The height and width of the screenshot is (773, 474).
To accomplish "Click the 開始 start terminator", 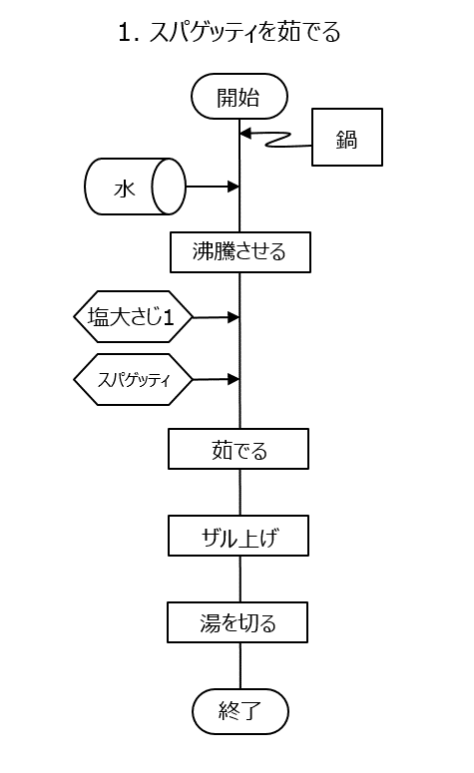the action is click(x=239, y=97).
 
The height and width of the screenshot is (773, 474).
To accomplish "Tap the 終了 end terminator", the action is click(x=240, y=711).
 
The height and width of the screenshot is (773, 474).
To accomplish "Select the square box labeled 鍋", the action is click(x=347, y=137).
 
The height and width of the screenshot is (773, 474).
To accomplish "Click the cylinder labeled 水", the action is click(x=135, y=187).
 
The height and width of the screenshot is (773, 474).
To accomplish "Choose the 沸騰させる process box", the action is click(x=240, y=252).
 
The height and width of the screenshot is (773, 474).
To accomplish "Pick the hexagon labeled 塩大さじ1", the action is click(x=133, y=316).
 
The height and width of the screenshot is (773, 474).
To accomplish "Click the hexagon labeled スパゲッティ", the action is click(x=133, y=380).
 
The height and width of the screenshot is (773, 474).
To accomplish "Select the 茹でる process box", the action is click(x=238, y=449).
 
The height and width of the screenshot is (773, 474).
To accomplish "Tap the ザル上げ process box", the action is click(x=238, y=536).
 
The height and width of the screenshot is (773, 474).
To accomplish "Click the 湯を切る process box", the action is click(x=237, y=622).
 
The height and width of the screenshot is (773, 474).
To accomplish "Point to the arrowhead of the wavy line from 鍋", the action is click(x=245, y=133).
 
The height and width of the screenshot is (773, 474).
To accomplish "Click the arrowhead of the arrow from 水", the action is click(x=234, y=187).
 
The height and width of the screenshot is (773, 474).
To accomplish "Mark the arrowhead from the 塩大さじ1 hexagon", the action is click(x=234, y=317).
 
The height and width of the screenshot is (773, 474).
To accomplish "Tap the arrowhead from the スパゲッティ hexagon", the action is click(x=234, y=379).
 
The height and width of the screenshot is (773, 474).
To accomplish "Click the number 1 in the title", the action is click(x=125, y=33).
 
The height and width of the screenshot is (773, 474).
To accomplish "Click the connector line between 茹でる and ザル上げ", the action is click(x=240, y=492).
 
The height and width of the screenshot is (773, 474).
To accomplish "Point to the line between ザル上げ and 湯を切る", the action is click(x=240, y=579).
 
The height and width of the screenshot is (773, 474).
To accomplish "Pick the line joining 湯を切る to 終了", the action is click(x=240, y=665).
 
